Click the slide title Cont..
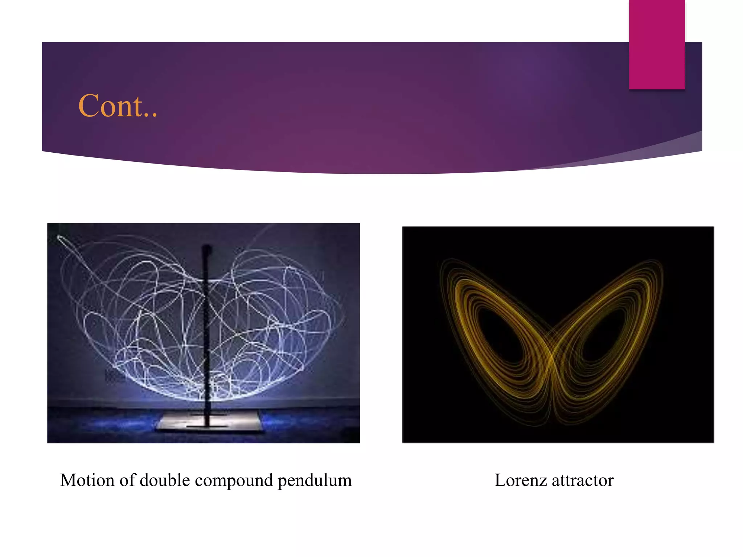118,106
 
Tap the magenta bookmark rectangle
657,44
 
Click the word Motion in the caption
87,480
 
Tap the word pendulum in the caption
315,481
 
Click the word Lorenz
520,480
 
